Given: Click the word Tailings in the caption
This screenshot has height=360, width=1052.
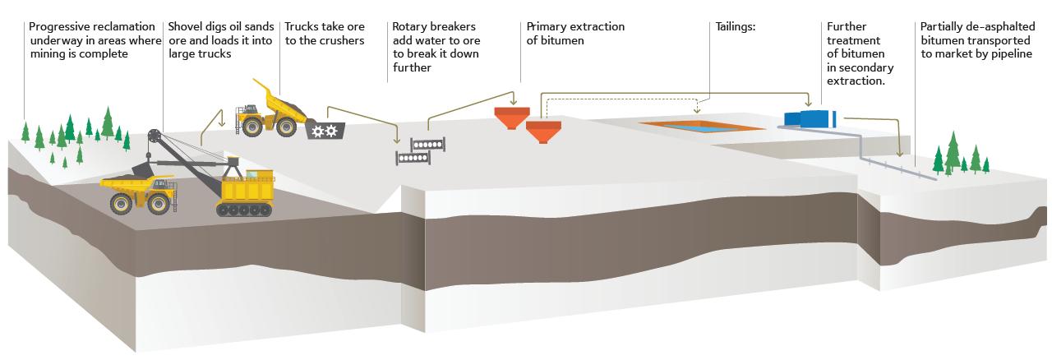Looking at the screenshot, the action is click(x=734, y=27).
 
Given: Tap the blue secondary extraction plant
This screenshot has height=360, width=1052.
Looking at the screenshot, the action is click(x=810, y=119).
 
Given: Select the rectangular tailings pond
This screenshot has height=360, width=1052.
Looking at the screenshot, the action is click(x=701, y=126).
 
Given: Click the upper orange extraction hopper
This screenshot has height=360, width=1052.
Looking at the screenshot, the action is click(x=512, y=118).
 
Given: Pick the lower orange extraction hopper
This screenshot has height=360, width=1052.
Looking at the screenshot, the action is click(x=543, y=132).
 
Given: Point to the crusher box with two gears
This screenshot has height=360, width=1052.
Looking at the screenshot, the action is click(x=325, y=130).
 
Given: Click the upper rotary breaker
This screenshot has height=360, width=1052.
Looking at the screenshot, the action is click(x=427, y=145).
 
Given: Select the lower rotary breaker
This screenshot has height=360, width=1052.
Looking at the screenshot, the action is click(x=413, y=158).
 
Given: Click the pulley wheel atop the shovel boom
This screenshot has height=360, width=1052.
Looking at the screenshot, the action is click(x=154, y=136).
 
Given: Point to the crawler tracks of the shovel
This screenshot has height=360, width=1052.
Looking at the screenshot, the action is click(x=244, y=209).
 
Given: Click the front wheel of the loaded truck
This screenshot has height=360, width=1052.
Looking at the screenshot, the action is click(x=121, y=204).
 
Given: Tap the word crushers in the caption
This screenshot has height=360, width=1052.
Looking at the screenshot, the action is click(x=344, y=40).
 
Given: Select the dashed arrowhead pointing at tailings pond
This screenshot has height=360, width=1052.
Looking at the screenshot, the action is click(x=697, y=110).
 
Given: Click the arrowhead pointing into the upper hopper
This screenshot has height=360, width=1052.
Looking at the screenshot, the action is click(x=514, y=102).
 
